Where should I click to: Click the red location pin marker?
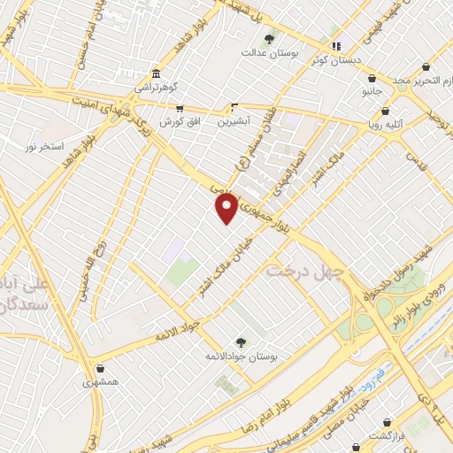227,207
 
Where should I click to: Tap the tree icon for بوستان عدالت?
269,39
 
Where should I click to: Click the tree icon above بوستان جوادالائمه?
240,342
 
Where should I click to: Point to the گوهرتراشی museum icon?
156,73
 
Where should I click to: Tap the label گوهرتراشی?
157,88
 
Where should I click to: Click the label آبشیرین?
236,119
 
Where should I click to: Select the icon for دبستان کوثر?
335,46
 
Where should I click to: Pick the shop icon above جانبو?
372,78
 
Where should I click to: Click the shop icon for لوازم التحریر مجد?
426,67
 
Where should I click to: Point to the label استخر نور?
44,145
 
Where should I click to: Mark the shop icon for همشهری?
100,369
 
